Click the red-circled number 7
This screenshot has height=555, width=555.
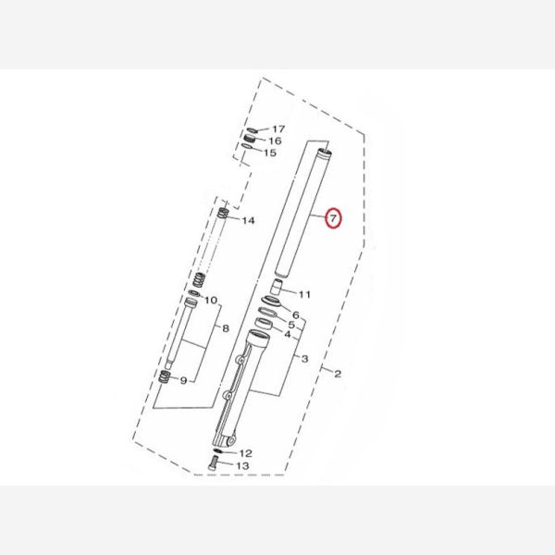(x=333, y=218)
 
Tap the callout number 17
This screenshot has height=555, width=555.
(x=278, y=129)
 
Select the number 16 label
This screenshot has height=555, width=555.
(x=275, y=141)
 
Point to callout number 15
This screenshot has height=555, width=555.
(x=270, y=153)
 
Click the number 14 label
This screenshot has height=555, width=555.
(x=248, y=221)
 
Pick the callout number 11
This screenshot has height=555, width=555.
(x=304, y=294)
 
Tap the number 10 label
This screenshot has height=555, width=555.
(x=211, y=301)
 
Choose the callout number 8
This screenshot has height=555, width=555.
(x=226, y=328)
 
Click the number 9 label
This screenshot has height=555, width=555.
(x=183, y=380)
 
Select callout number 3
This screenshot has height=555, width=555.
(x=304, y=359)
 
